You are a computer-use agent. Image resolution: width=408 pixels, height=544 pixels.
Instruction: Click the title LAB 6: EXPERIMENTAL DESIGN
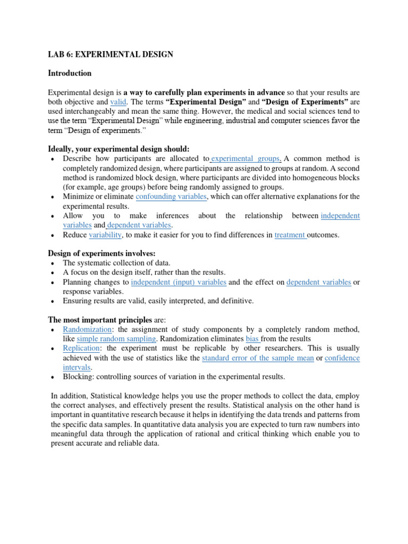click(x=110, y=54)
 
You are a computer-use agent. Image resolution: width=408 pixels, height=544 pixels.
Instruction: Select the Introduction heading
click(x=70, y=73)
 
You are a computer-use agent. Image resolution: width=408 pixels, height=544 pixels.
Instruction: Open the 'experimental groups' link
click(x=245, y=159)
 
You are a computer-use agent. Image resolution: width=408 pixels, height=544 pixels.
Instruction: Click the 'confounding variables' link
click(x=171, y=197)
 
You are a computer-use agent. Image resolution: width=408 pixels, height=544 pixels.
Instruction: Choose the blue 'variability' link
click(x=105, y=235)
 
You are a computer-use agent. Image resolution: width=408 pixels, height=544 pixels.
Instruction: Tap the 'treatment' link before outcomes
click(x=290, y=235)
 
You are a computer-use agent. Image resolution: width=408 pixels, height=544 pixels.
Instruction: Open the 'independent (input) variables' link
click(x=178, y=282)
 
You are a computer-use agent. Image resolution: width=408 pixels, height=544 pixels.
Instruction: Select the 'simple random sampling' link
click(x=116, y=339)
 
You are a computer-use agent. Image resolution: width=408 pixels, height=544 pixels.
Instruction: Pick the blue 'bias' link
click(x=252, y=339)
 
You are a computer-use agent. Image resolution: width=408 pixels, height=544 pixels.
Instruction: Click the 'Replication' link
click(x=81, y=348)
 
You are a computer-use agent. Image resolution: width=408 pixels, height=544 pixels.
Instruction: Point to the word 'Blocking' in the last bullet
click(x=78, y=377)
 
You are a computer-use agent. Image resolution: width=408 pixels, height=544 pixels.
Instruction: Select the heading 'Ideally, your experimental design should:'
click(x=118, y=149)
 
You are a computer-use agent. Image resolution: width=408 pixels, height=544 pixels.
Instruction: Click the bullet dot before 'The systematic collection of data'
click(x=52, y=263)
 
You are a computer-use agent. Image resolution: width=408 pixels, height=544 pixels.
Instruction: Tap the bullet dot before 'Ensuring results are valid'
click(x=52, y=302)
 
